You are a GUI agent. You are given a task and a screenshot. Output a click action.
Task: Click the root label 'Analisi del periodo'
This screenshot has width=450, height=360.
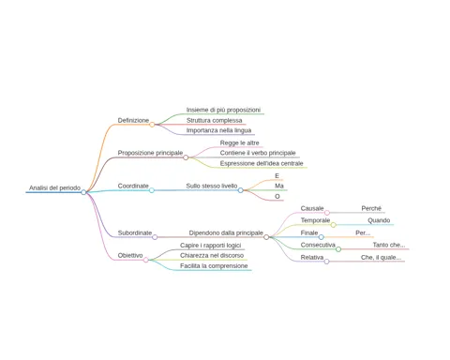click(x=54, y=187)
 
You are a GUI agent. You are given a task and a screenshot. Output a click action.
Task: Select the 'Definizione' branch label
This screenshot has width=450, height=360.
click(x=133, y=120)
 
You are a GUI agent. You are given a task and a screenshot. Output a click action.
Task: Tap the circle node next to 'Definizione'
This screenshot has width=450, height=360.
click(x=152, y=125)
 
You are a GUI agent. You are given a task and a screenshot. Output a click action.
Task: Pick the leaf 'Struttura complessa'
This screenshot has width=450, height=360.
click(x=214, y=120)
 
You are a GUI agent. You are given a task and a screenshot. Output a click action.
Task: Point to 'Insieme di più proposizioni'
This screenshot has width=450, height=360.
click(x=223, y=110)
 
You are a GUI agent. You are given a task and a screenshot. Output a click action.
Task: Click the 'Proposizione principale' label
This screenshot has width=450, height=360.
click(x=150, y=153)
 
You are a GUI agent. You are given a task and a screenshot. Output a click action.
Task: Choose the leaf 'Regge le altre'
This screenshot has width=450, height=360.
click(x=239, y=142)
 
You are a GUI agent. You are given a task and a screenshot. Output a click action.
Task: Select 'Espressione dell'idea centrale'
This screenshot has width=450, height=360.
click(x=262, y=163)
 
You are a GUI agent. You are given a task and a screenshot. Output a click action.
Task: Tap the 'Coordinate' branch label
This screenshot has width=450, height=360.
click(x=133, y=186)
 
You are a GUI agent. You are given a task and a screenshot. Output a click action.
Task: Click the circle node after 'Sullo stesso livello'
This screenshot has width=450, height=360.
click(x=240, y=190)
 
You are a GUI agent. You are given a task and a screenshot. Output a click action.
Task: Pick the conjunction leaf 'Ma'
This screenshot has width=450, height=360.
click(x=279, y=186)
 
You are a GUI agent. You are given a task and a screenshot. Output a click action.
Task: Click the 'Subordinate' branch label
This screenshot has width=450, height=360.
click(x=135, y=232)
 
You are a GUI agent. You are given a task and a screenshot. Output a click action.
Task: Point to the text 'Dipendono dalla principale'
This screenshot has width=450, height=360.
click(x=226, y=232)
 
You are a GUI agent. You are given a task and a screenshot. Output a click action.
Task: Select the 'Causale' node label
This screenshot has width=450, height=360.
click(x=312, y=208)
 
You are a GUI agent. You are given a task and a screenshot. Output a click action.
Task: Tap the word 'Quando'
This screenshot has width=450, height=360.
click(x=379, y=220)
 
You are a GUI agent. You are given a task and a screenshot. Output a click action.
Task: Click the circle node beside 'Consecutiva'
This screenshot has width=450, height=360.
click(x=338, y=249)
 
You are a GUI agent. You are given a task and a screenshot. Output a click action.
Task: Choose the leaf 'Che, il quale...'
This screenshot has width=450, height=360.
click(x=381, y=258)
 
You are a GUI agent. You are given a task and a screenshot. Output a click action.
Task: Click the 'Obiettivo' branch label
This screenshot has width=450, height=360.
click(x=130, y=255)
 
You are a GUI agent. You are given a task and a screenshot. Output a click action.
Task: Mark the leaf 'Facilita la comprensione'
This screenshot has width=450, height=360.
click(x=214, y=266)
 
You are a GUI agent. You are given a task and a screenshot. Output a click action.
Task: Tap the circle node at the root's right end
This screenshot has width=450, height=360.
click(x=83, y=192)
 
